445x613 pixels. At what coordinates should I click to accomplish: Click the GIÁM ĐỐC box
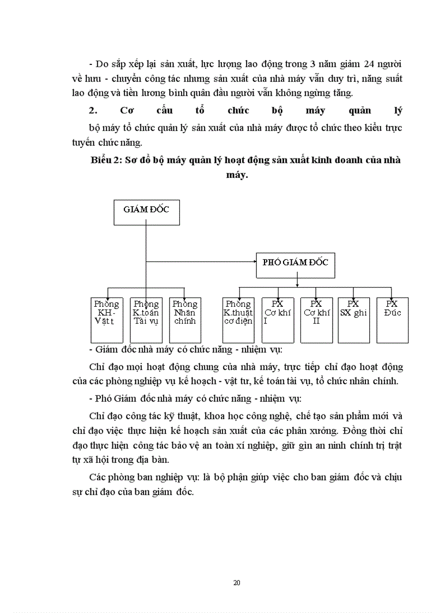coord(146,212)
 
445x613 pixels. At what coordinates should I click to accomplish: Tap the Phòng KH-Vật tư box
coord(107,320)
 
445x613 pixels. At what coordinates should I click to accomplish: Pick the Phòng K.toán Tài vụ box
coord(146,320)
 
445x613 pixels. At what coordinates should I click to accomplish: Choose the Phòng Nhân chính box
coord(185,320)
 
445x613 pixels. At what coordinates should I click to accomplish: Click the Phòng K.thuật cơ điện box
coord(238,320)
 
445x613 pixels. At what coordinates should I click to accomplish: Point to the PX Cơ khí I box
coord(278,320)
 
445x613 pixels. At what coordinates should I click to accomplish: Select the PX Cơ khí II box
coord(316,320)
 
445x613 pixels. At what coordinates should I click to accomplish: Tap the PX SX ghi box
coord(353,320)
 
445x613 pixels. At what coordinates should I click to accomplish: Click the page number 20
coord(237,583)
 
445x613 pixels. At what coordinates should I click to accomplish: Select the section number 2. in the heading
coord(93,111)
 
